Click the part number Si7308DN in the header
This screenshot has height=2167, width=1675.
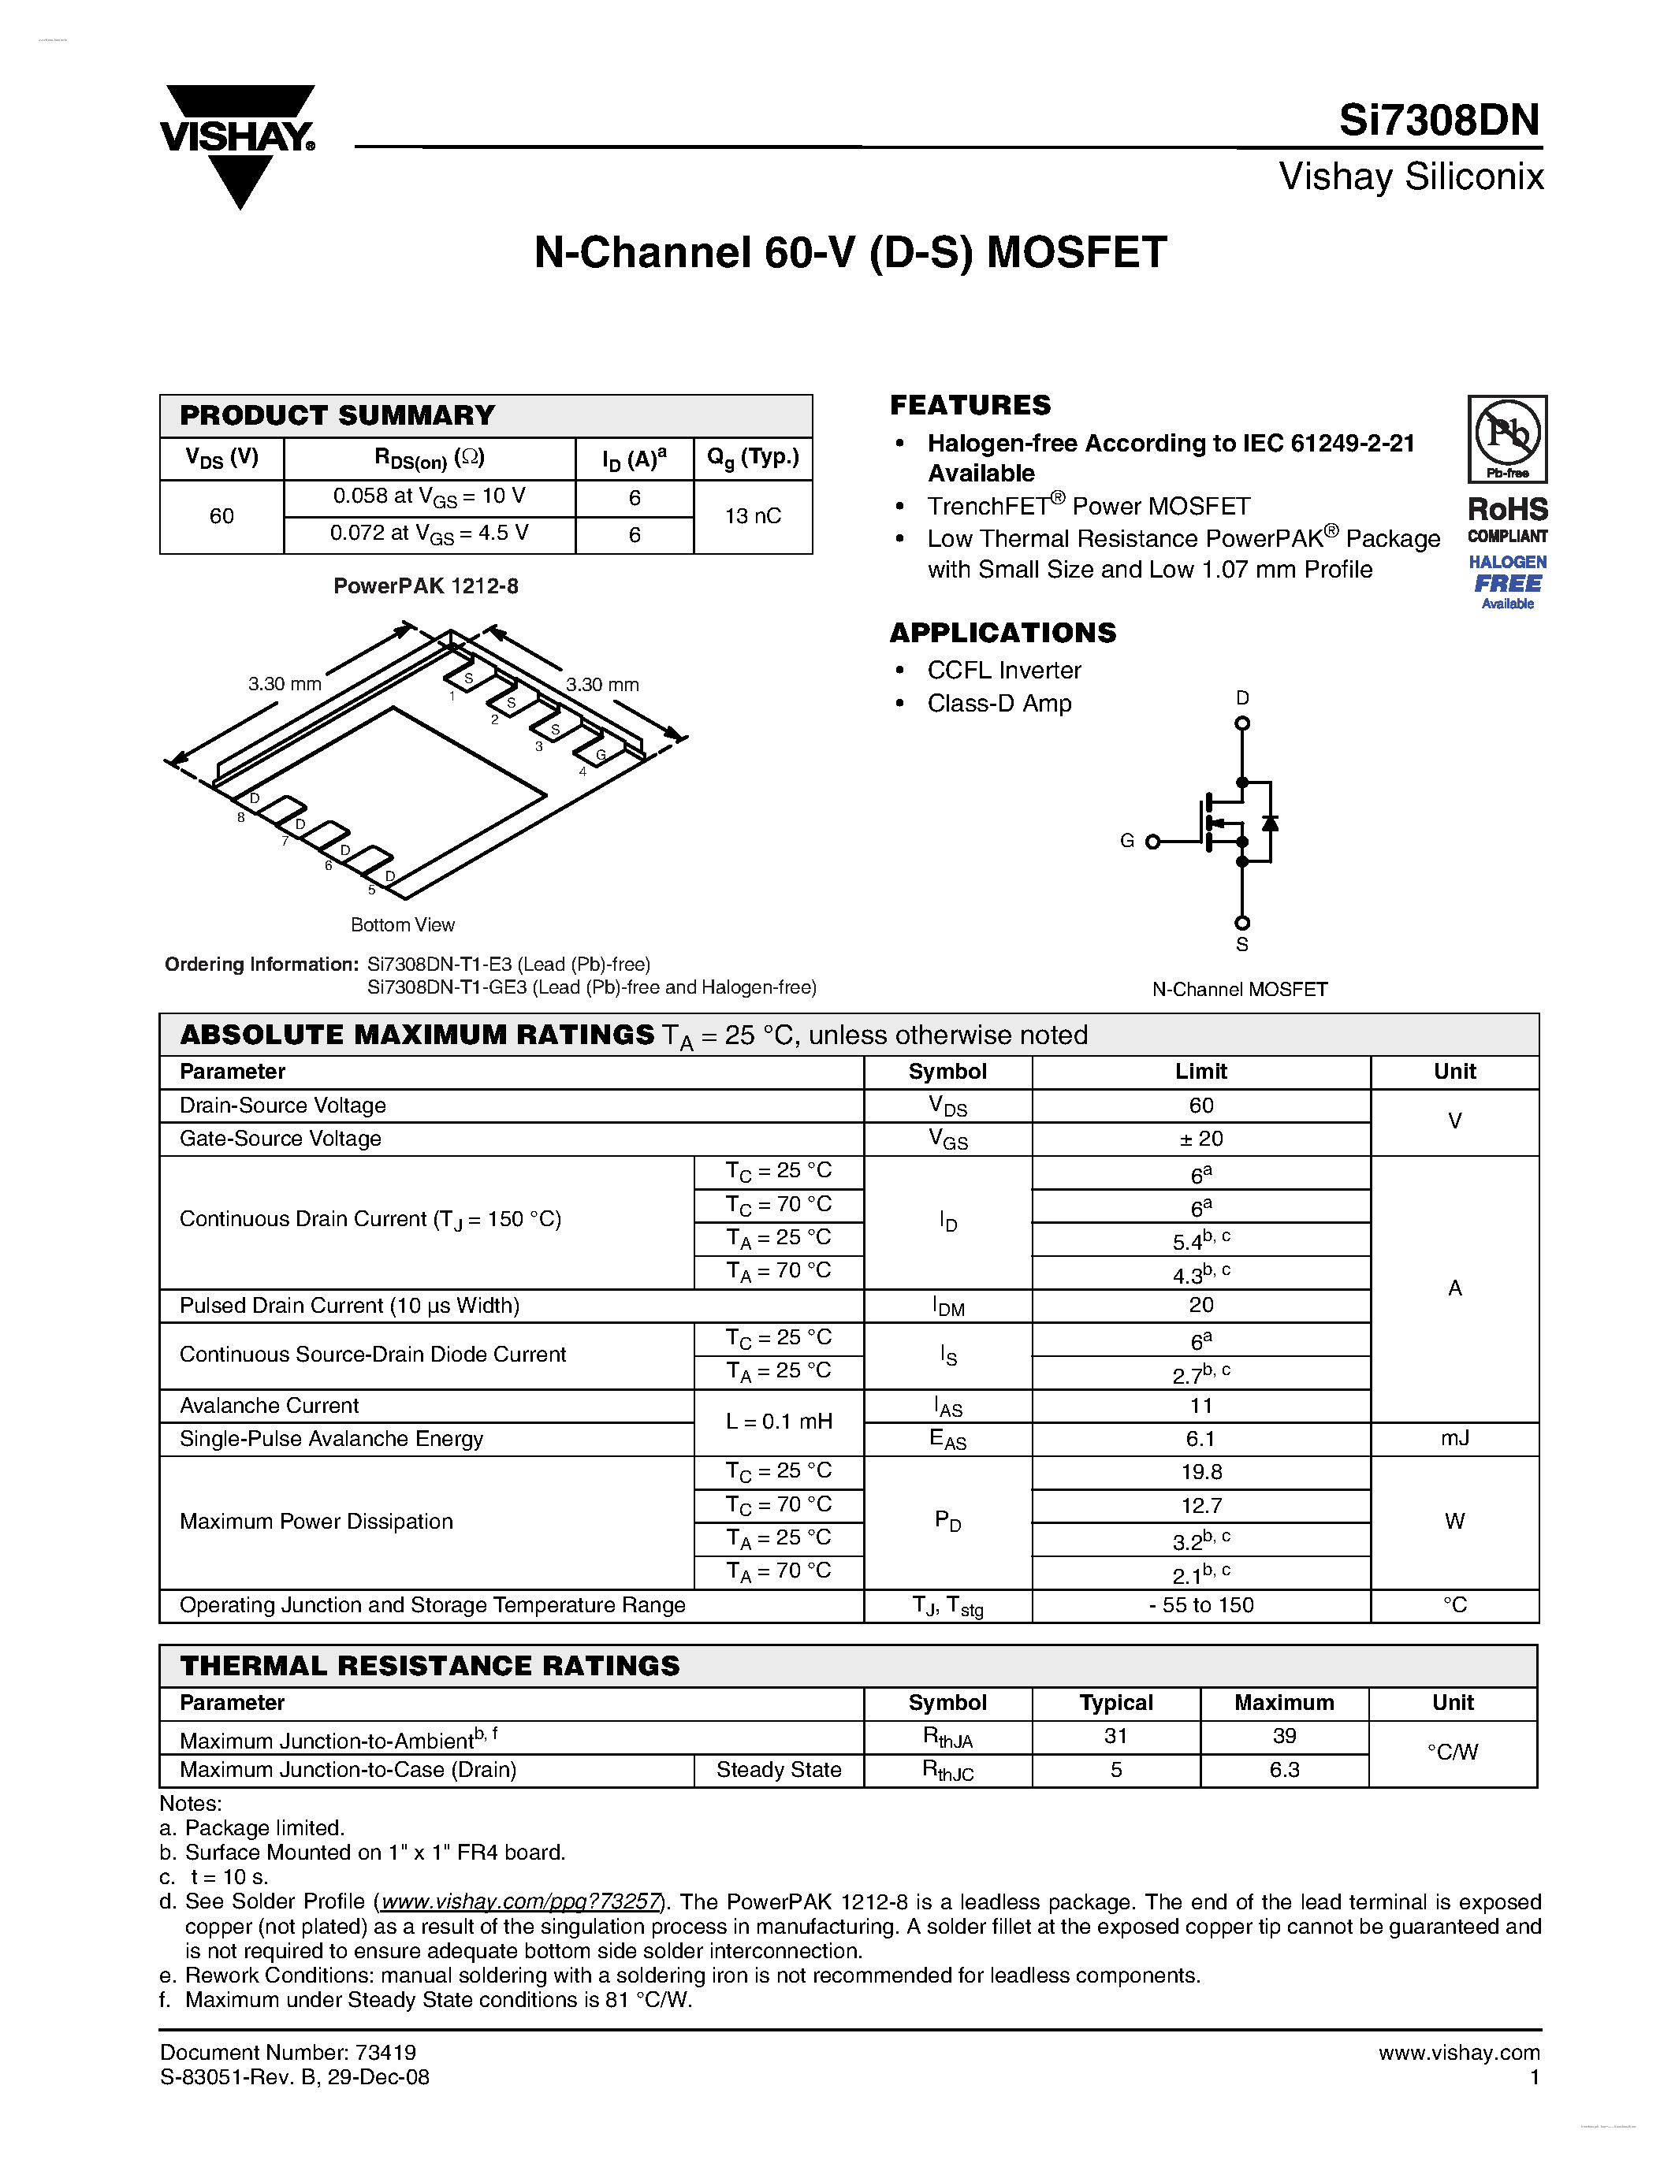tap(1438, 121)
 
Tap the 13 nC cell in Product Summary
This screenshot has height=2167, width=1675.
tap(752, 516)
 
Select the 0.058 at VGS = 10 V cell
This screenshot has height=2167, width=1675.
tap(429, 497)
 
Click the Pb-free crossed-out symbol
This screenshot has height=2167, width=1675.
tap(1506, 437)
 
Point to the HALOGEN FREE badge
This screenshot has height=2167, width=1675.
tap(1506, 582)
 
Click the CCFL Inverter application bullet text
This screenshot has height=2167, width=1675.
tap(1003, 671)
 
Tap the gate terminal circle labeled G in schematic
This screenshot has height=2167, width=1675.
tap(1152, 842)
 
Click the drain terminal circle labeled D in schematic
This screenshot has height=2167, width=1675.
tap(1241, 723)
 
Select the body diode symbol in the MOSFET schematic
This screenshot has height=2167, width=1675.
tap(1269, 823)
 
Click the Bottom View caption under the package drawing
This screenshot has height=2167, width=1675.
tap(402, 925)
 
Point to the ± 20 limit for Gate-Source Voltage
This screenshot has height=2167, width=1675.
tap(1200, 1139)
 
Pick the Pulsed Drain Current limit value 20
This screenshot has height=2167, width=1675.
tap(1200, 1306)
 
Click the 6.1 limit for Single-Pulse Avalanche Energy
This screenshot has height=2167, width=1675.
tap(1200, 1439)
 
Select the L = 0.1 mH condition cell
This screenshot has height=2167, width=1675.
tap(778, 1422)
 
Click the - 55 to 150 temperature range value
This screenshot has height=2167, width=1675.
tap(1200, 1605)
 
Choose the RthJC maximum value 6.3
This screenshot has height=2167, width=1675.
tap(1284, 1770)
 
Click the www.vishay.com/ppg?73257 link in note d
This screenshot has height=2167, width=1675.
tap(521, 1902)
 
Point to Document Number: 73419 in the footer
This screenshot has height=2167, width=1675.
tap(288, 2053)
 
